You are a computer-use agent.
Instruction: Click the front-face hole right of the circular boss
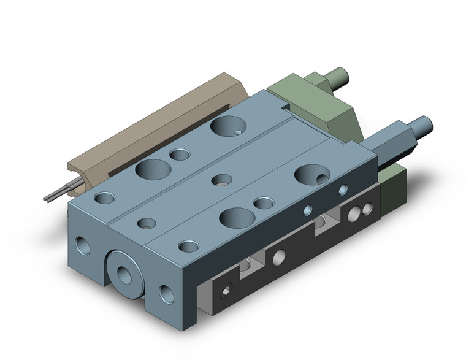point(166,294)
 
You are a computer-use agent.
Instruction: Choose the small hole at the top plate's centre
point(222,180)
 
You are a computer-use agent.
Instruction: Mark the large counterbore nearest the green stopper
point(228,126)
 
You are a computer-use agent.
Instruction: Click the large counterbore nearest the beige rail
point(153,169)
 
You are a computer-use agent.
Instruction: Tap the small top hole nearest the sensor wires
point(104,198)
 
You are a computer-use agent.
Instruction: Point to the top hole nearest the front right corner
point(188,247)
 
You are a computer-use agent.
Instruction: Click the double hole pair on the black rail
point(360,213)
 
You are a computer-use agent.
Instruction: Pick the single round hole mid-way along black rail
point(279,256)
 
